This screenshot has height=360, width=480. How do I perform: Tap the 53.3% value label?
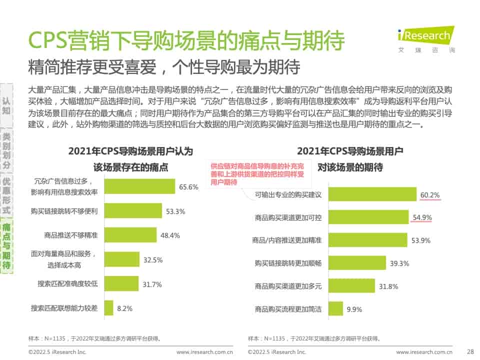(x=175, y=211)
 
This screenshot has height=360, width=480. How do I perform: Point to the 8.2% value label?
(x=124, y=308)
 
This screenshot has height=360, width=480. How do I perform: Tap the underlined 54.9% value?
(x=422, y=217)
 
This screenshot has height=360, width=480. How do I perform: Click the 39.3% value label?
(x=399, y=263)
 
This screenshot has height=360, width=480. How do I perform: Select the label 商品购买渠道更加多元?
(x=288, y=286)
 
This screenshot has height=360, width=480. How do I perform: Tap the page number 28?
(x=469, y=352)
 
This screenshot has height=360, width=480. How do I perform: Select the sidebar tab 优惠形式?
(x=6, y=195)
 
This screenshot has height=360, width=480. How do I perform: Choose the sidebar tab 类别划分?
(x=6, y=150)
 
